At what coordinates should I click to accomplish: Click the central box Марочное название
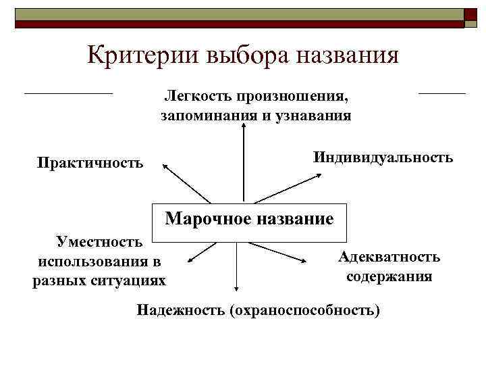tap(249, 219)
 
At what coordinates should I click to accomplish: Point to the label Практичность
tap(90, 163)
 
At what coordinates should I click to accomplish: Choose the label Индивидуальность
tap(383, 157)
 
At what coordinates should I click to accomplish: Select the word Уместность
tap(99, 241)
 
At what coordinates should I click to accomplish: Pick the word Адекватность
tap(389, 257)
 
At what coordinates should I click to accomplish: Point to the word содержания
tap(389, 276)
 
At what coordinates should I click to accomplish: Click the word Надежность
tap(180, 310)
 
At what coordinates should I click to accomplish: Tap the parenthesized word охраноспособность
tap(304, 310)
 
